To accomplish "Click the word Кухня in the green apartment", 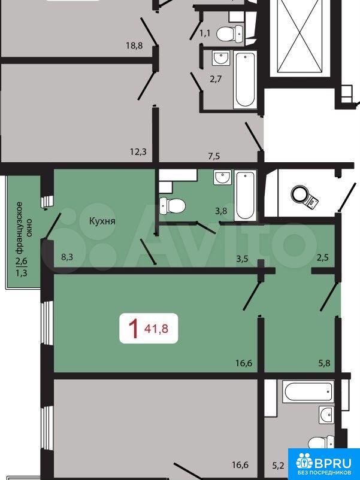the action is [x=102, y=221].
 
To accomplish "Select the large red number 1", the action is [x=133, y=329].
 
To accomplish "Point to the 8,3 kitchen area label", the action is [x=67, y=257].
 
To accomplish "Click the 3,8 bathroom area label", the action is [x=220, y=211].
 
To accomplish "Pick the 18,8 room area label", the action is [x=135, y=46].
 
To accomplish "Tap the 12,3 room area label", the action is [x=138, y=151].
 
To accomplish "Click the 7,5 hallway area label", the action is [x=214, y=156].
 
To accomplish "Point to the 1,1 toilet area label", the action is [x=205, y=33].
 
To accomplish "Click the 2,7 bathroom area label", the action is [x=216, y=79].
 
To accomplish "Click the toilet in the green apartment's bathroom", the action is [x=173, y=205].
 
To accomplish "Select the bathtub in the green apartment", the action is [x=246, y=195].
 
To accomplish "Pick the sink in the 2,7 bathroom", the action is [x=221, y=58].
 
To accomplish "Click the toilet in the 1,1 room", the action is [x=229, y=33].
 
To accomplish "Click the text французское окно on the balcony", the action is [x=24, y=227].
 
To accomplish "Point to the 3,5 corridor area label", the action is [x=242, y=259].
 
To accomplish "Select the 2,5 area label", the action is [x=323, y=257].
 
